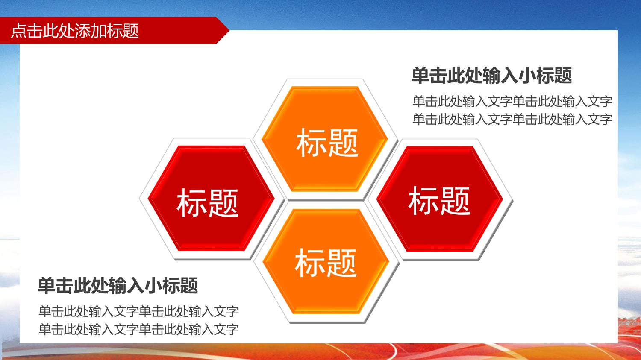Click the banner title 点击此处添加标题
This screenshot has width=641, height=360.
[x=75, y=31]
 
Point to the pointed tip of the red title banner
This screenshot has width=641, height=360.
[x=229, y=30]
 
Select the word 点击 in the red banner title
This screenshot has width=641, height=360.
[x=27, y=31]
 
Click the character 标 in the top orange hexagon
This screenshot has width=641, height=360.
[x=312, y=142]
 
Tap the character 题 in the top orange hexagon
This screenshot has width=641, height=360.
[x=343, y=142]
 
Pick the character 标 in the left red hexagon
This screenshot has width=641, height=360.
[x=192, y=203]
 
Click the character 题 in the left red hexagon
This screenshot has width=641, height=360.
[x=223, y=203]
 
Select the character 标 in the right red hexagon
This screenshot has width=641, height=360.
[x=423, y=201]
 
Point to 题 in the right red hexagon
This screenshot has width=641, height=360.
[x=455, y=201]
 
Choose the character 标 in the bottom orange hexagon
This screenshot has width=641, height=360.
[x=310, y=263]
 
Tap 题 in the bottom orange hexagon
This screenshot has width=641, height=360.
[x=341, y=263]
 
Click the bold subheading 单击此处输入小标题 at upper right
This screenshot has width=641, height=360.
[x=491, y=76]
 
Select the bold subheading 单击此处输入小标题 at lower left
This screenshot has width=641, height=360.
[x=118, y=285]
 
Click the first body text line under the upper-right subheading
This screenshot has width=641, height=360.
[x=512, y=102]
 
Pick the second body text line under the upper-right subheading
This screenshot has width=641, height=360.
[x=512, y=119]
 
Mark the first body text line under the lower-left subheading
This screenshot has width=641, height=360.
[x=139, y=311]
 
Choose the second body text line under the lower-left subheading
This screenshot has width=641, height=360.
[x=139, y=329]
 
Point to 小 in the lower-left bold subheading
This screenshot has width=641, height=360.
[x=153, y=285]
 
